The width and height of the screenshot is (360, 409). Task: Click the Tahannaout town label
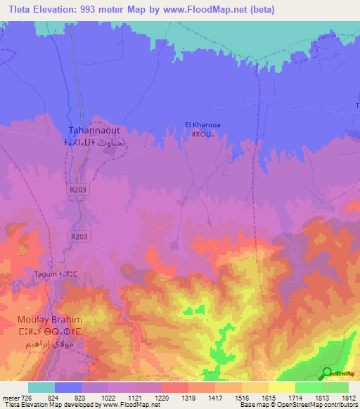click(x=94, y=130)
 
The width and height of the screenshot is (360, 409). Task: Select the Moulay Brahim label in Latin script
click(x=44, y=320)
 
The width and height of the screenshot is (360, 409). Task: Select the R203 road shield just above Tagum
click(x=79, y=236)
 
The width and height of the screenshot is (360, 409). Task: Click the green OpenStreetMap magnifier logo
click(x=326, y=372)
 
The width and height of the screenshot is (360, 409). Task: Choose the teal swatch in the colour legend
click(x=41, y=387)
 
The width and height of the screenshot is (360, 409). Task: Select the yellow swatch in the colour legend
click(x=281, y=387)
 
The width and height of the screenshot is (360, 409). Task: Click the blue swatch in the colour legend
click(x=68, y=387)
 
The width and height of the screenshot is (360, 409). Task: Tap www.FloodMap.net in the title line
click(x=212, y=10)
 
